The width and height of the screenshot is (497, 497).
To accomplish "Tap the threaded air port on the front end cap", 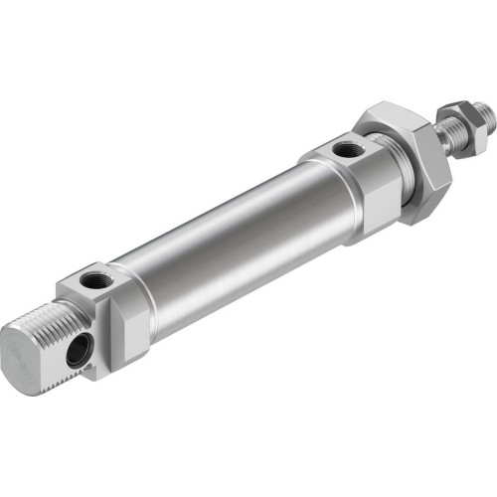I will pyautogui.click(x=345, y=151).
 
